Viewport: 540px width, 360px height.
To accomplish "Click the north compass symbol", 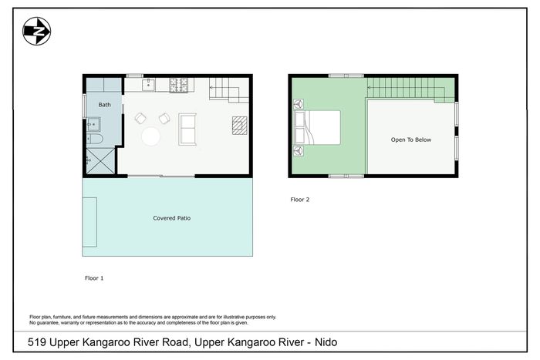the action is click(x=37, y=32).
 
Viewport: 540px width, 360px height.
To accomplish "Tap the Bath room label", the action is click(x=104, y=105).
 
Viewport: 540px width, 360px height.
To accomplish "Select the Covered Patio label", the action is click(x=172, y=218).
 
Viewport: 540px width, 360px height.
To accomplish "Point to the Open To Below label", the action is click(x=411, y=140).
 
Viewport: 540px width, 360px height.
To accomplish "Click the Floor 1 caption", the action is click(x=94, y=278).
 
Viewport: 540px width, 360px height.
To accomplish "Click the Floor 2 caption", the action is click(x=300, y=200).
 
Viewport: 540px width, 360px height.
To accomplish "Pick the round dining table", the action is click(x=151, y=136).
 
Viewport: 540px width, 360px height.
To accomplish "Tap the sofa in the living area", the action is click(x=187, y=129).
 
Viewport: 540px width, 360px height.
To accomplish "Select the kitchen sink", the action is click(x=149, y=84).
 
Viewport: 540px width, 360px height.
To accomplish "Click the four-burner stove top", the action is click(x=179, y=85).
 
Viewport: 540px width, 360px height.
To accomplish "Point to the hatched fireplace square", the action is click(x=240, y=126).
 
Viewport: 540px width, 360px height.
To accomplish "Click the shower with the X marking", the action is click(x=100, y=161).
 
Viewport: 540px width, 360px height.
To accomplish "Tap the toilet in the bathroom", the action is click(x=95, y=139).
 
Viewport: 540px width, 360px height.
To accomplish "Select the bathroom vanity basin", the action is click(x=93, y=124).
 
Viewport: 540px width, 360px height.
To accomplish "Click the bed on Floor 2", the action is click(x=317, y=127).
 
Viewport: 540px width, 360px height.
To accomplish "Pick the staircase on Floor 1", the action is click(x=229, y=90).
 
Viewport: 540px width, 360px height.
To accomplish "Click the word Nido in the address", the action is click(x=326, y=342).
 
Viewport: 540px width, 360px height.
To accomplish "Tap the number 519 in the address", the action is click(x=37, y=342).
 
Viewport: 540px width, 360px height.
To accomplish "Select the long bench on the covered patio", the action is click(x=90, y=222).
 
